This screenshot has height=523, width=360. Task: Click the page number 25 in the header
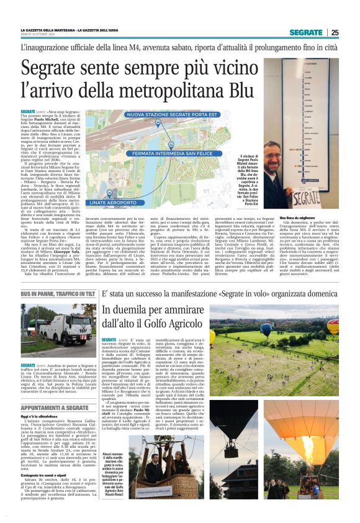pyautogui.click(x=335, y=32)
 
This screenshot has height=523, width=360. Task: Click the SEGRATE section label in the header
pyautogui.click(x=305, y=32)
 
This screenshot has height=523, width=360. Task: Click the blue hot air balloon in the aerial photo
pyautogui.click(x=265, y=329)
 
